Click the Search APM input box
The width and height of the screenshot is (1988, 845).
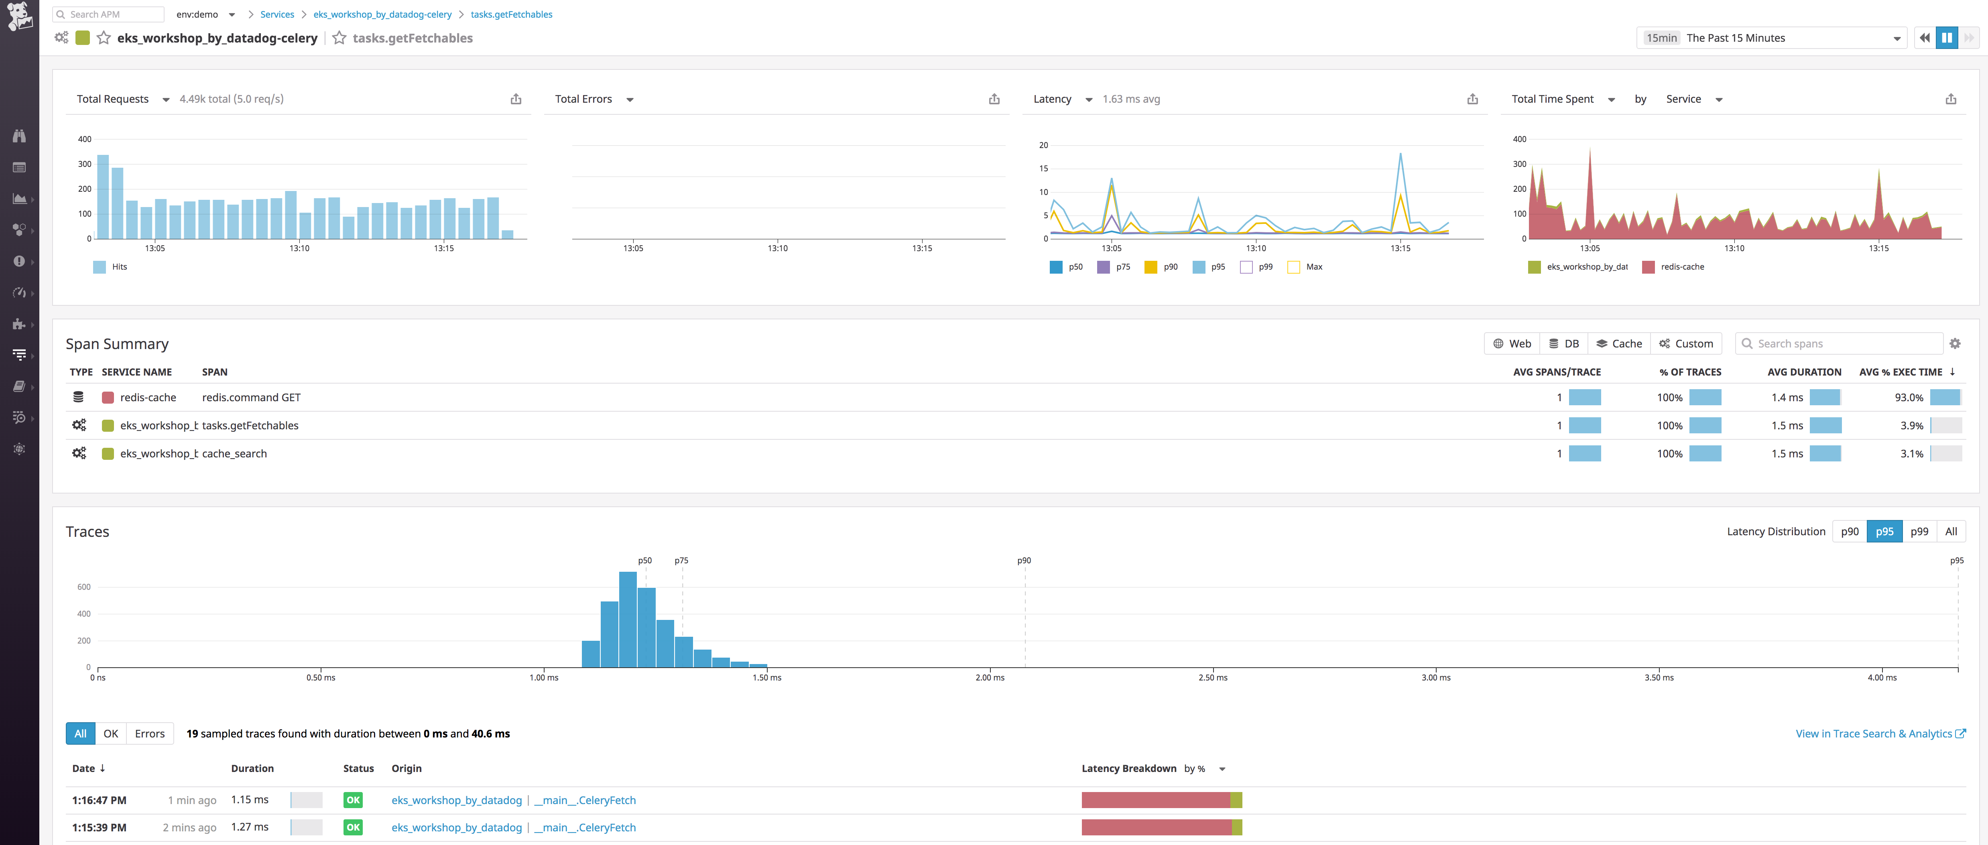[x=108, y=14]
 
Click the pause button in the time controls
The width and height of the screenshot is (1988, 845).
[x=1946, y=38]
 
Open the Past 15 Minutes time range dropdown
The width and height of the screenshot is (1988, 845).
[x=1771, y=38]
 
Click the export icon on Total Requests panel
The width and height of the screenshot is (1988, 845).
[x=516, y=99]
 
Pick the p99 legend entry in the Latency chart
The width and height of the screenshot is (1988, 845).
[x=1256, y=267]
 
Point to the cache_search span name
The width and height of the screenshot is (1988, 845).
[x=235, y=454]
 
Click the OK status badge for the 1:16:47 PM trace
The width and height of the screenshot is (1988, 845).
[x=353, y=800]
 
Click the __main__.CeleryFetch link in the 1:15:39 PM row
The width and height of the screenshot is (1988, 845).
[x=585, y=827]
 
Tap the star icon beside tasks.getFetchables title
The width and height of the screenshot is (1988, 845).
[x=339, y=38]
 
